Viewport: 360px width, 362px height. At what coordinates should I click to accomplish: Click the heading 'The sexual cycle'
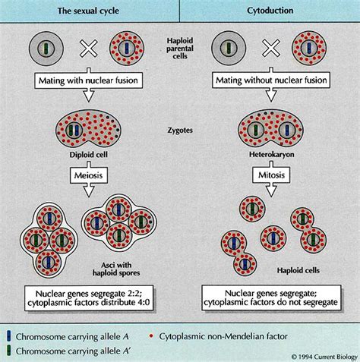[90, 10]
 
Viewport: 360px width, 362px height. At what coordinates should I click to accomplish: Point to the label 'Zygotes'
[179, 131]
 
